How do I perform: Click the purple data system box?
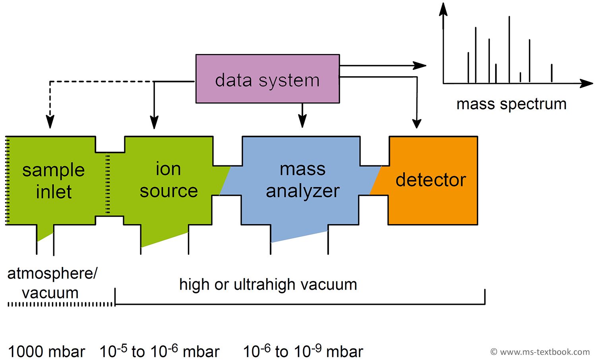(x=267, y=79)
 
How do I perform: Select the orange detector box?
(x=433, y=180)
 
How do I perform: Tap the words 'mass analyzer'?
(x=302, y=180)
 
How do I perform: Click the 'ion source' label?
(x=168, y=180)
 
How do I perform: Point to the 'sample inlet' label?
(x=53, y=181)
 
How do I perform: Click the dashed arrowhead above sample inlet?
(x=50, y=122)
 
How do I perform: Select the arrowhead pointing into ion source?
(x=154, y=122)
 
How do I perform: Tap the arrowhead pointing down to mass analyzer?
(x=302, y=121)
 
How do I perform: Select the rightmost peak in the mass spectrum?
(x=551, y=73)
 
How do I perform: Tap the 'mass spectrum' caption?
(x=511, y=104)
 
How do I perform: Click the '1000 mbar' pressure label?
(x=46, y=352)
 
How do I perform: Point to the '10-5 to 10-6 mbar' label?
(x=159, y=351)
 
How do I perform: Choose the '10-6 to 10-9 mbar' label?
(x=303, y=351)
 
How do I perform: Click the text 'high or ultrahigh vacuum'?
(x=268, y=285)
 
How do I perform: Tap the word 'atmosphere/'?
(x=52, y=274)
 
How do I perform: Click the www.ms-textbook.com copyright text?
(x=540, y=352)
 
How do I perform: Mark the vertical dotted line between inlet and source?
(x=108, y=184)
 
